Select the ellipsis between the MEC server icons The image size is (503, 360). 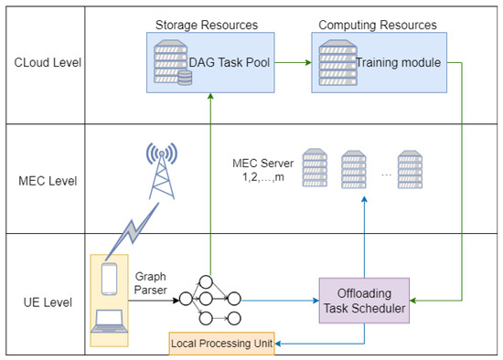pyautogui.click(x=386, y=173)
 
